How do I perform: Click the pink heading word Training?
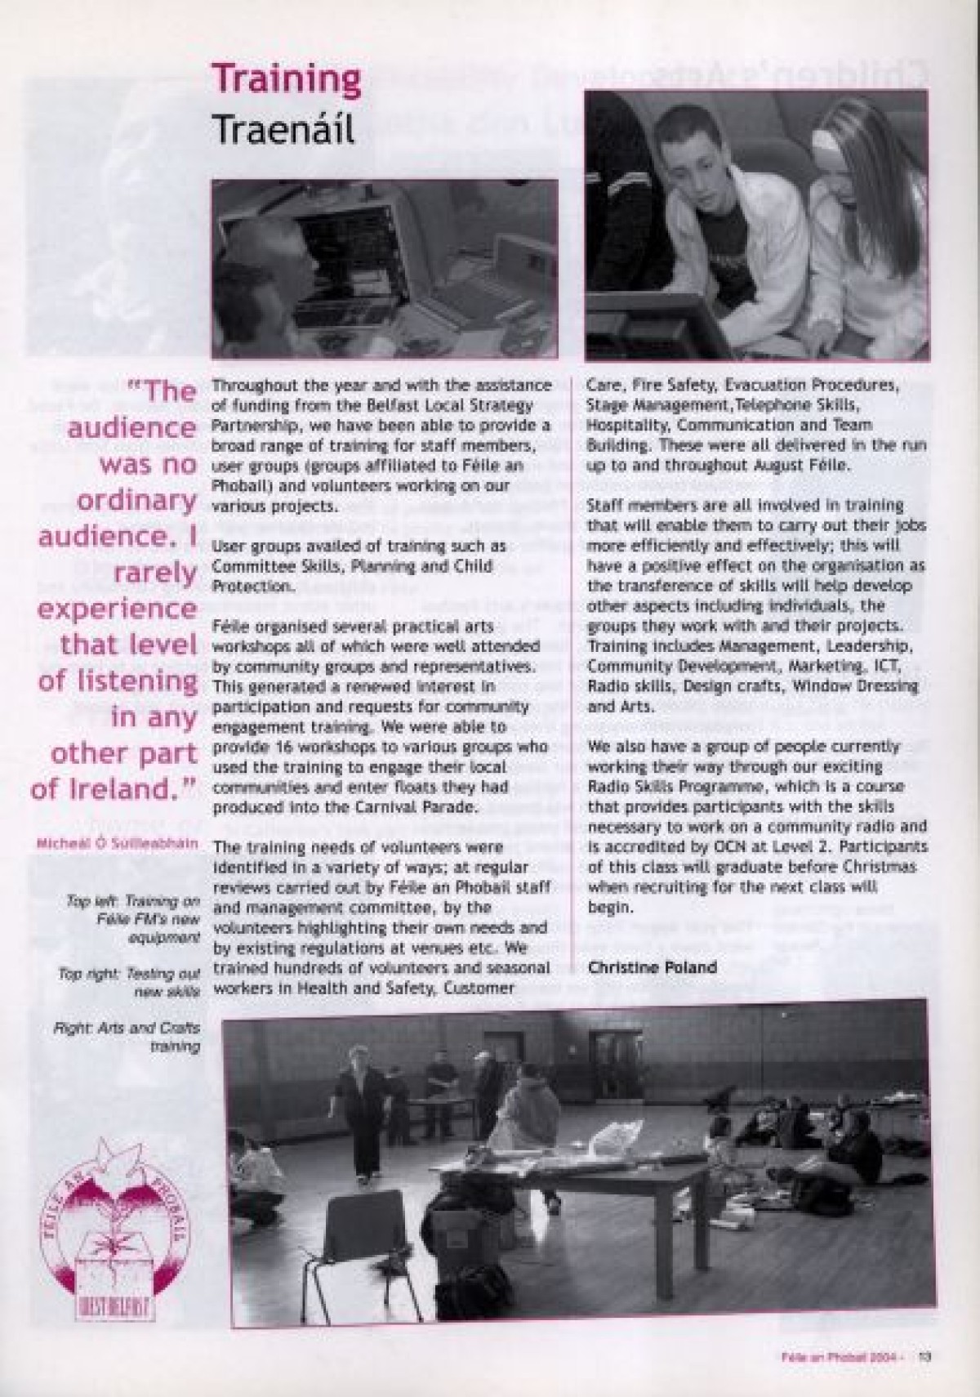click(286, 81)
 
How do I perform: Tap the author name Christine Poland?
click(652, 967)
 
